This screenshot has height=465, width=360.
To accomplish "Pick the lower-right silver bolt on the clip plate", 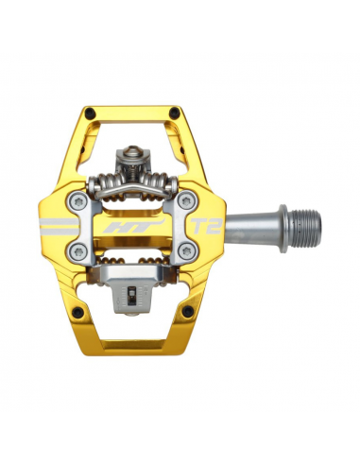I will coord(185,250).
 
